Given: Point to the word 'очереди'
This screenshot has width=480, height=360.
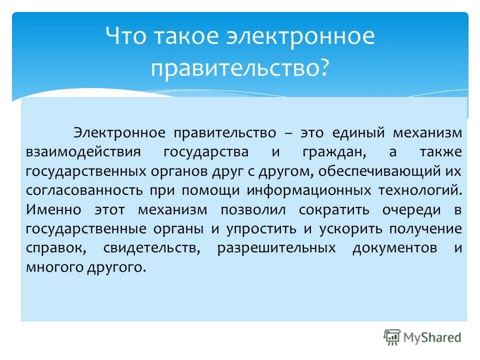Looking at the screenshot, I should pyautogui.click(x=412, y=210).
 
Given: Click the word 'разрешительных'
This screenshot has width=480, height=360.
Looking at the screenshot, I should pyautogui.click(x=276, y=248).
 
